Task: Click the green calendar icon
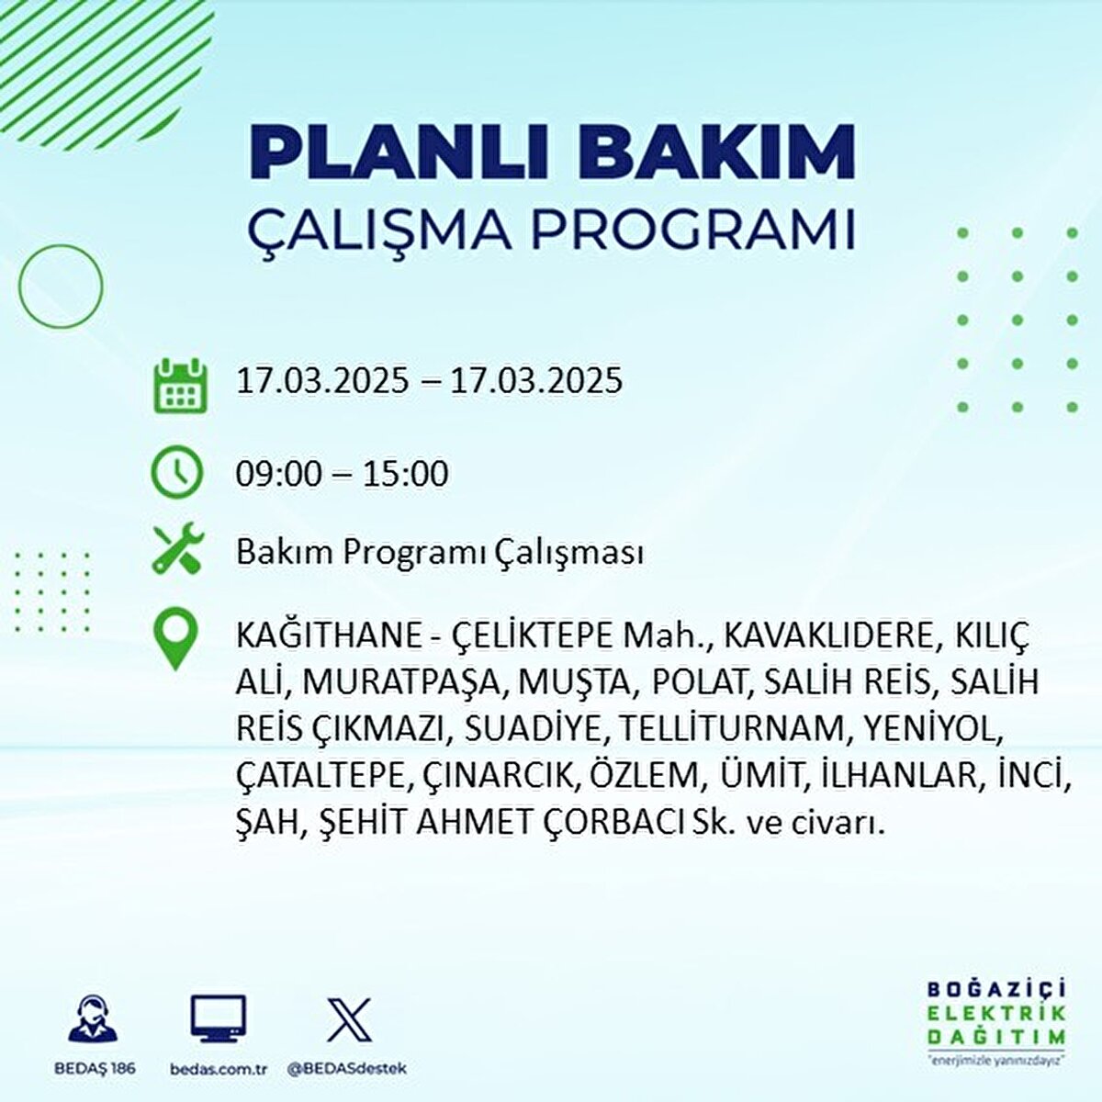[x=177, y=385]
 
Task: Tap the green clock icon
[x=176, y=472]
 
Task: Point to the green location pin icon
[x=176, y=639]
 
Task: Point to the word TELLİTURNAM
[x=736, y=728]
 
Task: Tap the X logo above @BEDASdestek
[x=349, y=1020]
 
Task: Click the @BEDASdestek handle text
[x=347, y=1069]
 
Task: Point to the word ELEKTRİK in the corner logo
[x=996, y=1013]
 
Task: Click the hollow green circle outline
[x=61, y=287]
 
